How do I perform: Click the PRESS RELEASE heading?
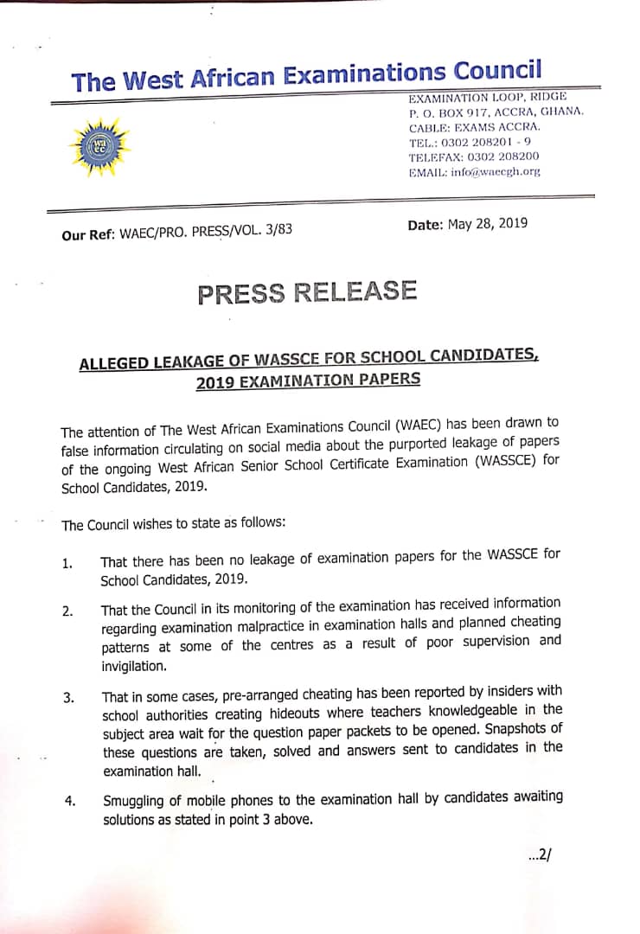307,292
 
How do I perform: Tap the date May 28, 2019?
487,223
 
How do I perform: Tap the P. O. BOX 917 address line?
496,112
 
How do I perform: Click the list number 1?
67,565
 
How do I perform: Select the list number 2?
67,611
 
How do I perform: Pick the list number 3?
69,697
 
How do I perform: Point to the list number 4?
70,801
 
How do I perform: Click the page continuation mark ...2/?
539,855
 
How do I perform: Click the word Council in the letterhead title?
497,71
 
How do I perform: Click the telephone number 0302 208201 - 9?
490,142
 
